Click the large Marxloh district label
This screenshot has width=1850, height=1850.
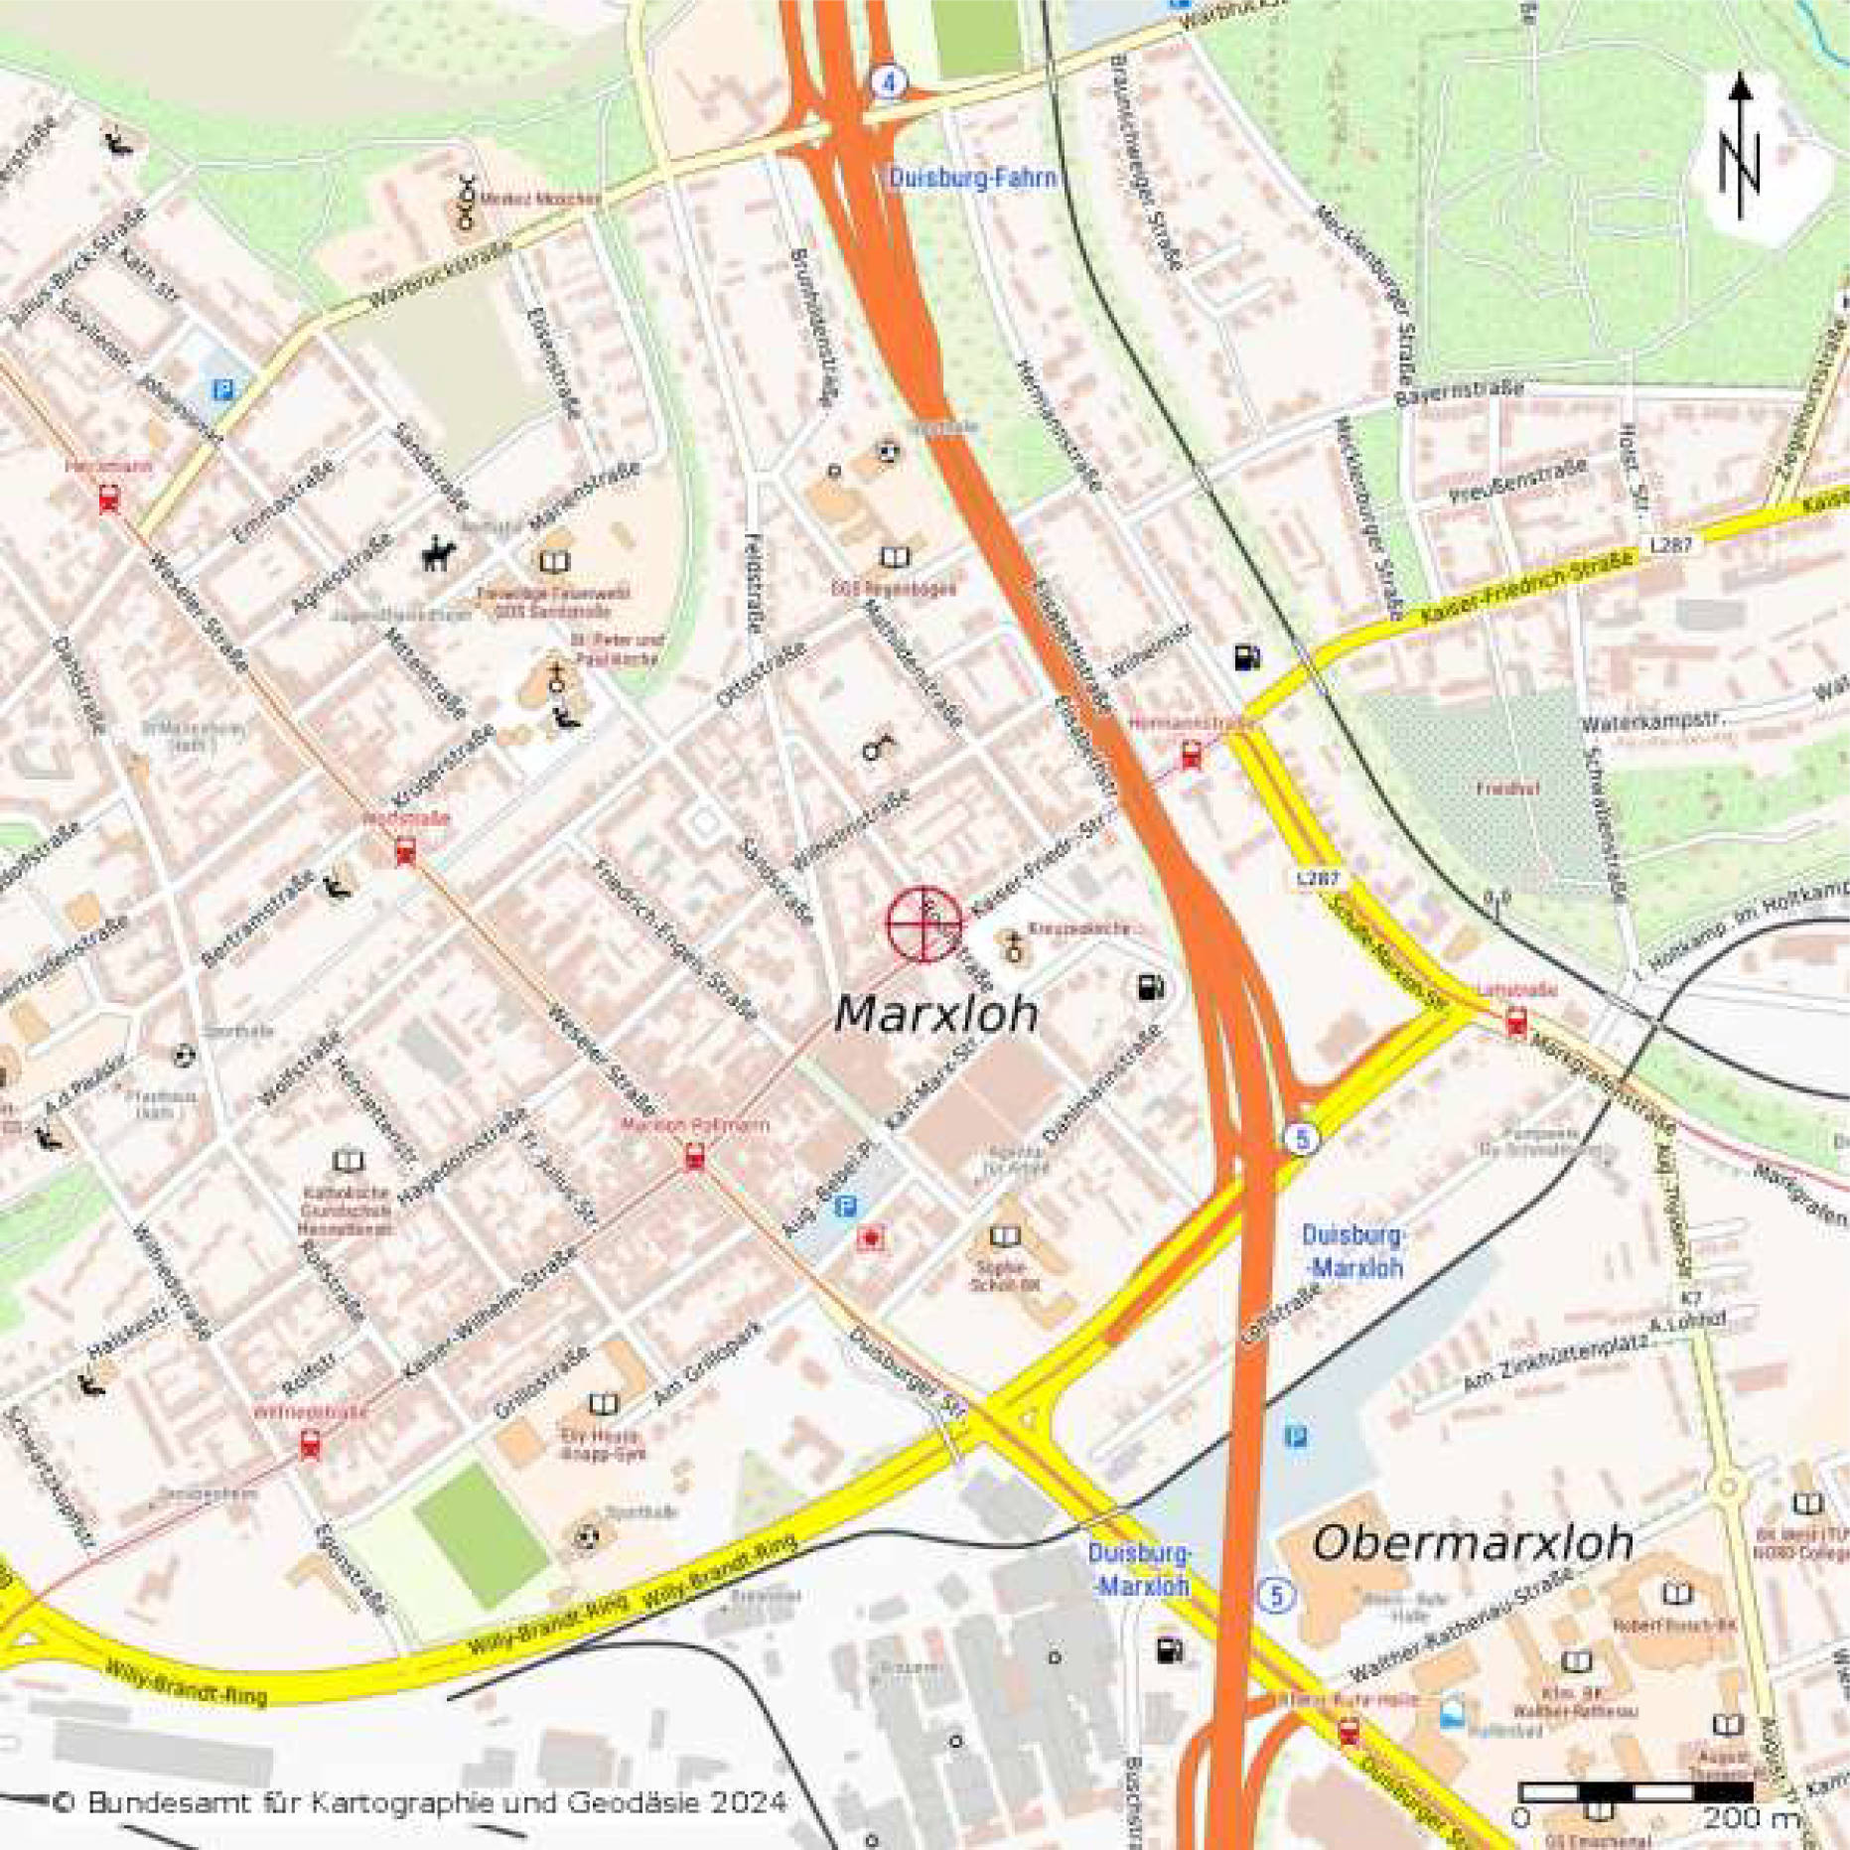[935, 1014]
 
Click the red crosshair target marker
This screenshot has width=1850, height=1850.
[925, 925]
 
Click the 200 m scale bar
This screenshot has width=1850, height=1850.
[1636, 1791]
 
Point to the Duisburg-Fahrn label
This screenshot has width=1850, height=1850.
[972, 179]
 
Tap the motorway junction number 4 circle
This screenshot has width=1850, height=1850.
[889, 81]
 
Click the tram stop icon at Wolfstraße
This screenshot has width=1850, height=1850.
[405, 851]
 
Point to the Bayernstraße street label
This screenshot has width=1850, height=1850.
[1459, 393]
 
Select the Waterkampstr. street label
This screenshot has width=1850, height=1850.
[1653, 722]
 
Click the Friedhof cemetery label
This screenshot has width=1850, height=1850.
[1506, 789]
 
